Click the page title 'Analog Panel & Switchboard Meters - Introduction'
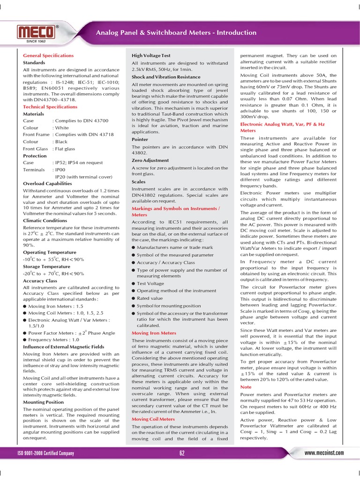click(x=176, y=32)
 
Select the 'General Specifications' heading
click(x=48, y=55)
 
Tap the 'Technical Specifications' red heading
click(x=50, y=107)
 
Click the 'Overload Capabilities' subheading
click(x=47, y=183)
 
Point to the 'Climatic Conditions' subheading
click(x=45, y=220)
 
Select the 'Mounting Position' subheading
click(x=44, y=402)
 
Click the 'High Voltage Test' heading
click(x=151, y=55)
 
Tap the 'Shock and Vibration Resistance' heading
click(x=166, y=77)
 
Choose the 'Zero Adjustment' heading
click(x=150, y=160)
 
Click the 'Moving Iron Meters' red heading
click(x=154, y=333)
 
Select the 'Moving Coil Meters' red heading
click(x=153, y=419)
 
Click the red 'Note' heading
click(x=246, y=387)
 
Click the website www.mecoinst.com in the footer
click(x=324, y=453)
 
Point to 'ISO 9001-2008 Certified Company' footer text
click(x=45, y=453)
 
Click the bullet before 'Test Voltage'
click(x=134, y=284)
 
